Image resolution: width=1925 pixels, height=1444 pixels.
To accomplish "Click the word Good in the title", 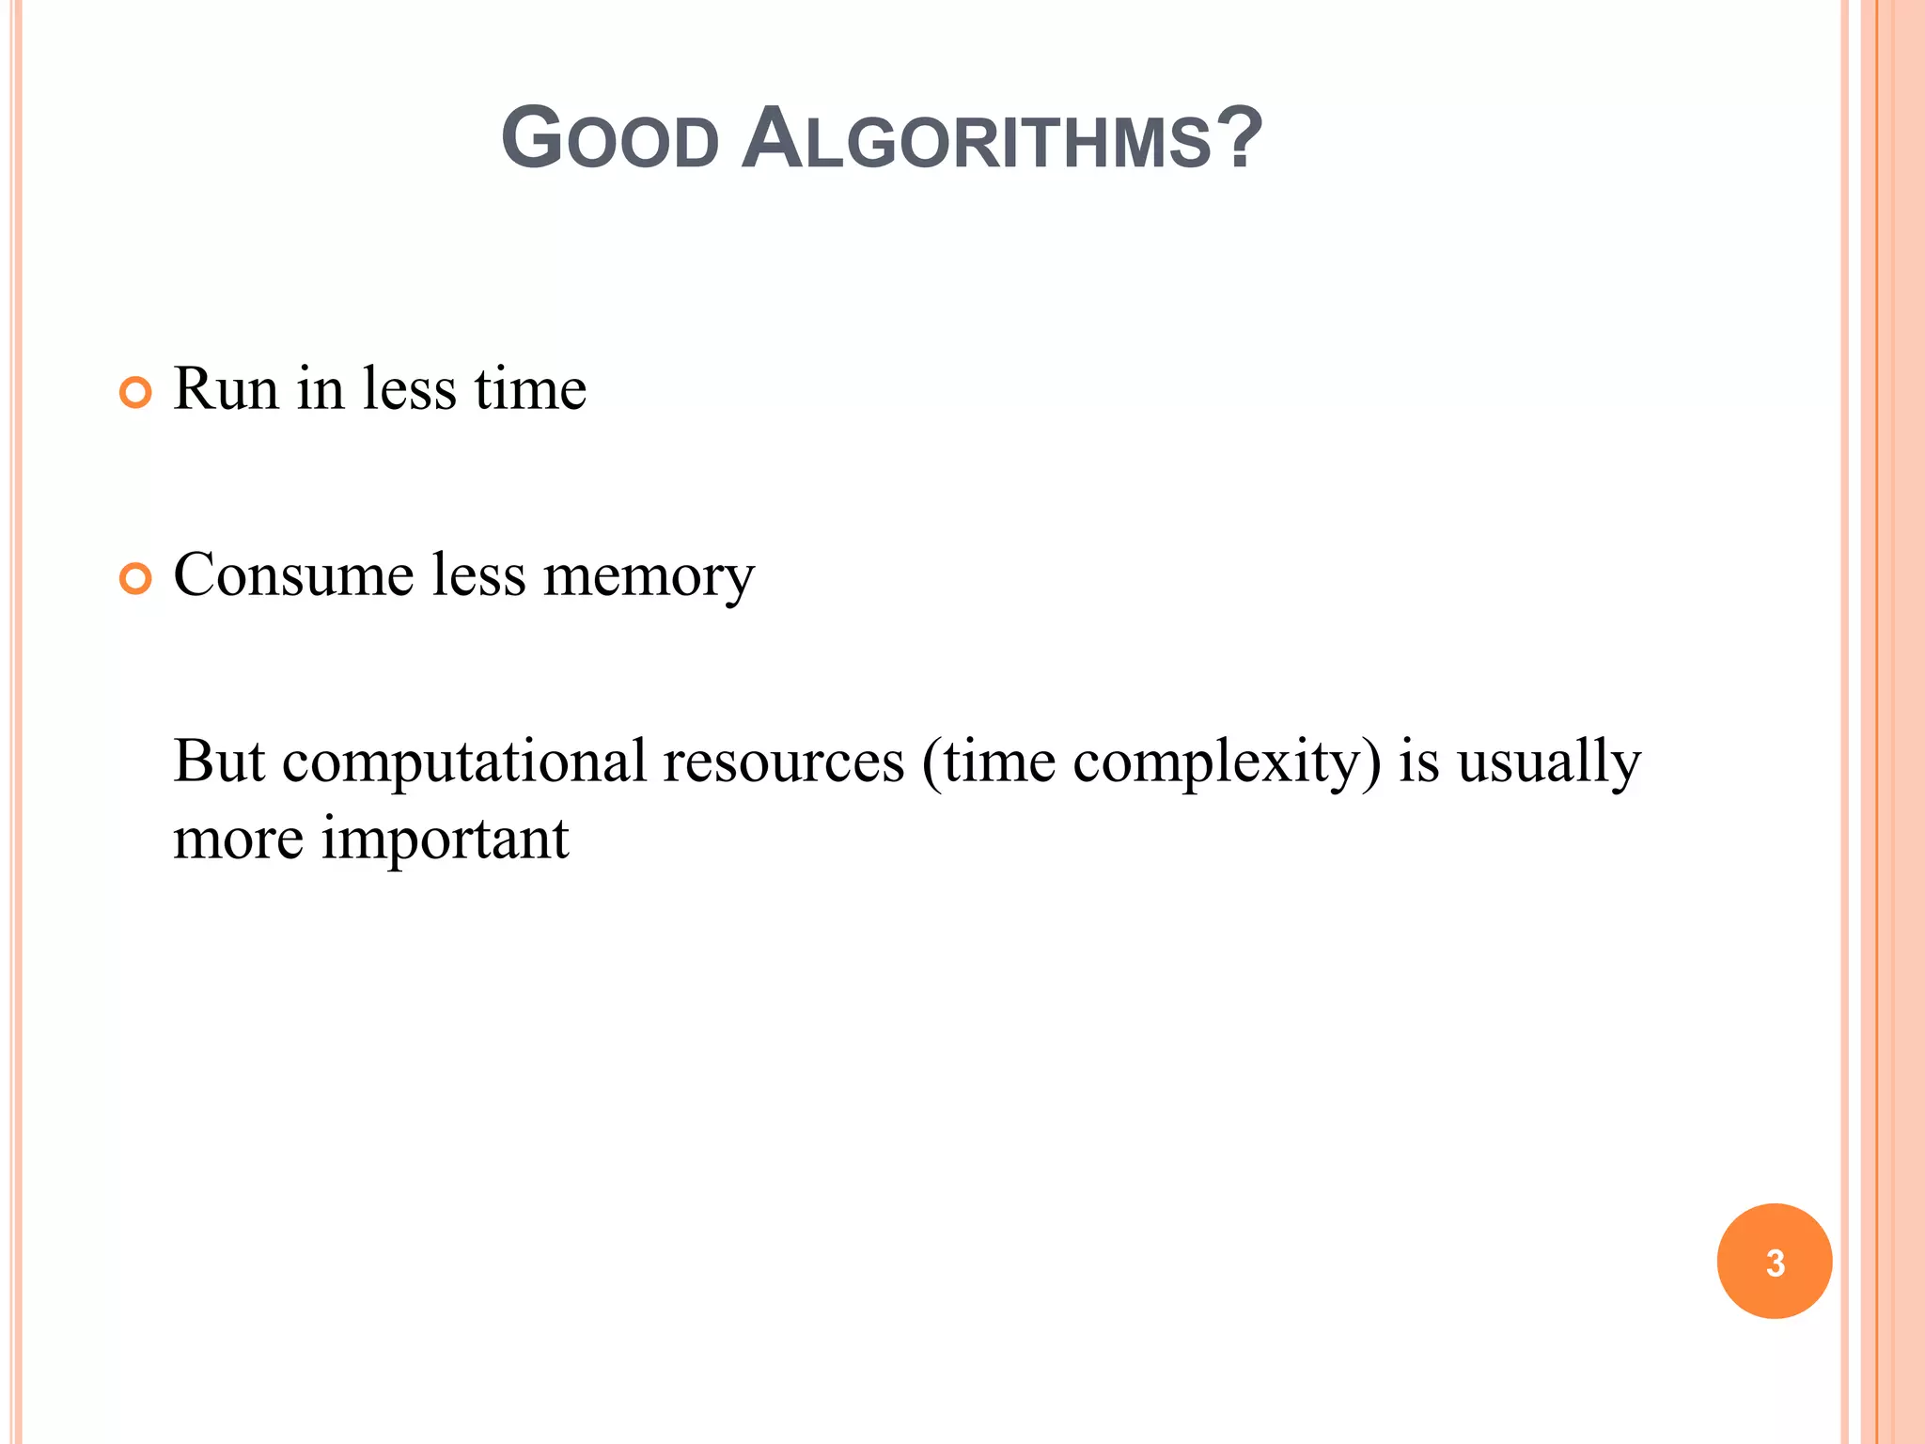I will [x=610, y=140].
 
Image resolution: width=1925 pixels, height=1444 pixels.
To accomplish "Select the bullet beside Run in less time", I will [x=136, y=392].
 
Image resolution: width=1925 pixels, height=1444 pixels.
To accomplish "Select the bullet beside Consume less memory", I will [x=136, y=579].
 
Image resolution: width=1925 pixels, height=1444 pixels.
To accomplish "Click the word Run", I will [x=226, y=388].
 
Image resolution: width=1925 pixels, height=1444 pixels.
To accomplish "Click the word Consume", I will [x=293, y=575].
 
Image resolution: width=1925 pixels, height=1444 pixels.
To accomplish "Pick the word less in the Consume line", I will [x=478, y=575].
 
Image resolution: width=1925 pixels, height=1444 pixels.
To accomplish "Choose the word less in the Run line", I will [x=409, y=388].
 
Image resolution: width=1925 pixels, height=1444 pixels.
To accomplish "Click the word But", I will [x=220, y=761].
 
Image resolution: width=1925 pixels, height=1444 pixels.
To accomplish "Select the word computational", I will [x=464, y=761].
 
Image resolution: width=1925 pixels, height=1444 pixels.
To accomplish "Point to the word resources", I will [x=783, y=761].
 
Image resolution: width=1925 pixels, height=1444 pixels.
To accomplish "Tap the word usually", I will [x=1548, y=762].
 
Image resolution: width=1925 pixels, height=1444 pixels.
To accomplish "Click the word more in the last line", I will [x=238, y=840].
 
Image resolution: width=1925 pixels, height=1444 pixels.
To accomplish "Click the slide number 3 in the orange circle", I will [x=1775, y=1263].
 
